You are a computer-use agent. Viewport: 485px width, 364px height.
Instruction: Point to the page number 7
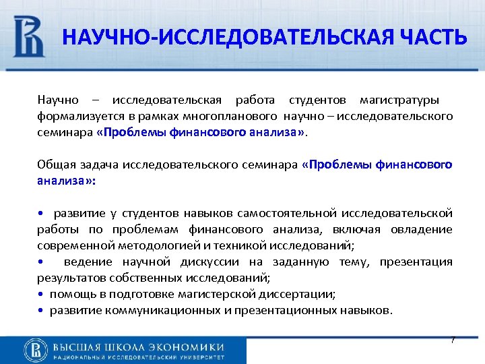(x=453, y=340)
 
